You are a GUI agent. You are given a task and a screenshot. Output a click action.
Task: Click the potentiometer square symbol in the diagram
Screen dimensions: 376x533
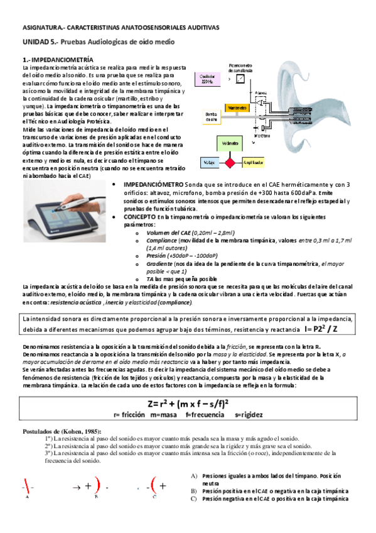click(x=235, y=79)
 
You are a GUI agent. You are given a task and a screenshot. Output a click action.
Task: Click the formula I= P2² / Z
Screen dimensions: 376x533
click(x=331, y=329)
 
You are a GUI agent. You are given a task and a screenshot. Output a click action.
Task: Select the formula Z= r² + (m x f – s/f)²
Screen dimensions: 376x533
click(x=188, y=404)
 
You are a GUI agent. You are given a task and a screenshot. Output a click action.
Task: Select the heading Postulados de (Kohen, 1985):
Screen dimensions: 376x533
click(x=61, y=431)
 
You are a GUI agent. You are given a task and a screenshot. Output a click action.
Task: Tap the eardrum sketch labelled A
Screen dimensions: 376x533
click(x=28, y=486)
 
